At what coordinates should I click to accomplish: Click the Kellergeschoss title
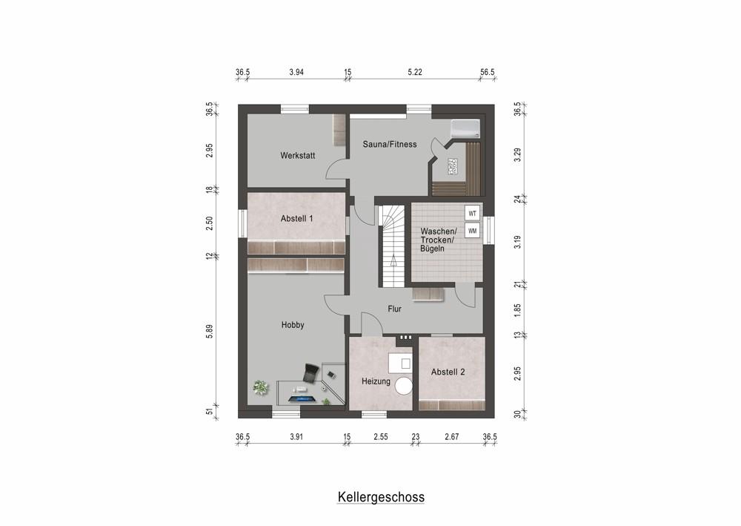coord(381,496)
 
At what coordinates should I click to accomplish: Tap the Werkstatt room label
coord(298,156)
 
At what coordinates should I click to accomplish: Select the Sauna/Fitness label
coord(389,144)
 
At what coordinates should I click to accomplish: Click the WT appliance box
coord(472,214)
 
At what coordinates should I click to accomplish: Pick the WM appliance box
coord(472,231)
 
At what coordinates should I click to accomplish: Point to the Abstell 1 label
coord(297,219)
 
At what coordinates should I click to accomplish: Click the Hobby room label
coord(293,325)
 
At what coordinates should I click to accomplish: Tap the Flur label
coord(395,309)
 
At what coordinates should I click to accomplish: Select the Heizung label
coord(376,381)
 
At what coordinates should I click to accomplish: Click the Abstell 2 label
coord(448,372)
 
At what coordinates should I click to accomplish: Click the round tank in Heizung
coord(404,386)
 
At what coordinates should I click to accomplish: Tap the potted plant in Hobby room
coord(260,387)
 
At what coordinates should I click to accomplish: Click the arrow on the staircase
coord(393,260)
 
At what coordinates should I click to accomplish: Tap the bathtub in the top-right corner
coord(465,128)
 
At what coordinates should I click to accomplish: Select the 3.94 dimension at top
coord(296,72)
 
